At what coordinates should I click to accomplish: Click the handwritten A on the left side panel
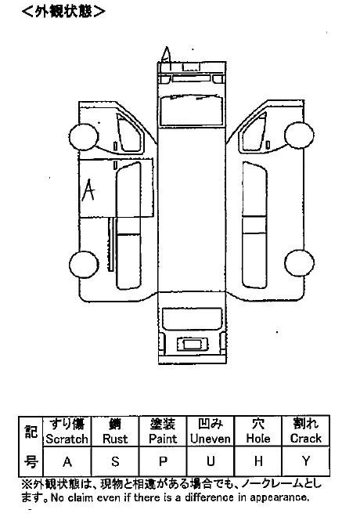(88, 190)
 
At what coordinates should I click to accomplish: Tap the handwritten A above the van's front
(167, 55)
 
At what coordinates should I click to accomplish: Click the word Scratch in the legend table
(67, 439)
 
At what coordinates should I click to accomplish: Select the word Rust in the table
(115, 439)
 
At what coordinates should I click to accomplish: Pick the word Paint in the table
(163, 439)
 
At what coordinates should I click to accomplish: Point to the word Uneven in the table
(211, 439)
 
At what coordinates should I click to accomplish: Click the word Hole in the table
(258, 439)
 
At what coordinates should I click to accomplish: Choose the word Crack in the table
(305, 439)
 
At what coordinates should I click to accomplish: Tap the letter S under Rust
(115, 461)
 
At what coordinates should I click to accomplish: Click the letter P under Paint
(163, 461)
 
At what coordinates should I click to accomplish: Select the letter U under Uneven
(211, 461)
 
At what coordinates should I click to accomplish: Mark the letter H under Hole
(258, 461)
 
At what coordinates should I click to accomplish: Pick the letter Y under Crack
(306, 461)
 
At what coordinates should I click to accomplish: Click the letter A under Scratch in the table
(67, 462)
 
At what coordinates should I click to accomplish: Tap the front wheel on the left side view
(84, 137)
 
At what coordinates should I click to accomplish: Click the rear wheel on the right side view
(299, 263)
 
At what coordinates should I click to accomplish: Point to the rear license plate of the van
(193, 344)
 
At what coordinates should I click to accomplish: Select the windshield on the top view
(192, 110)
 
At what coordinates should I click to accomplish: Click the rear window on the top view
(192, 319)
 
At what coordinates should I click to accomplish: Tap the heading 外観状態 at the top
(63, 12)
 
